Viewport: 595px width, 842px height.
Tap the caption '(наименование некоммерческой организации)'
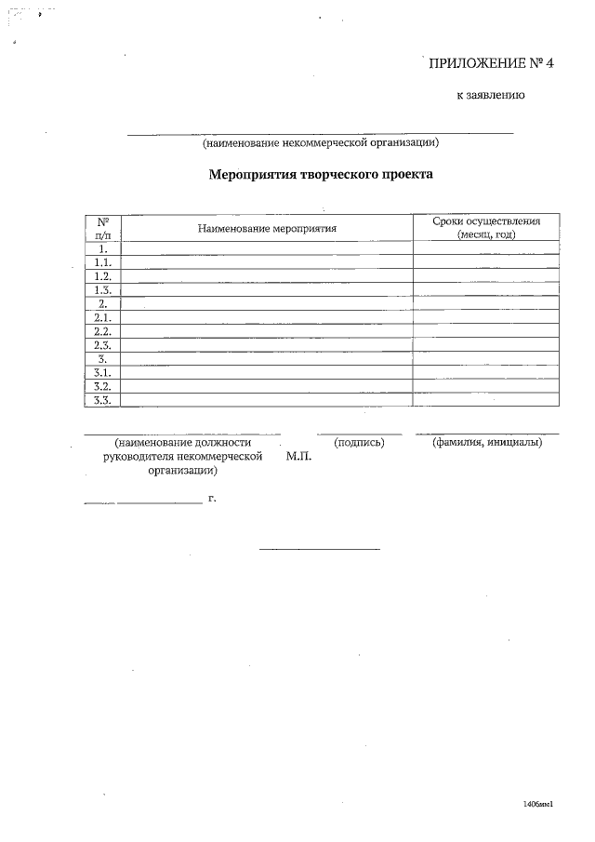coord(320,143)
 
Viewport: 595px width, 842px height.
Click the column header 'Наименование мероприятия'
coord(267,228)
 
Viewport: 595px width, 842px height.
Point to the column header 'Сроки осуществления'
coord(486,221)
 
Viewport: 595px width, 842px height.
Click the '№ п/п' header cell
coord(103,228)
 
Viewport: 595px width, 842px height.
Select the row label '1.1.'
coord(103,263)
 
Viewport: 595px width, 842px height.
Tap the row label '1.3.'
coord(103,290)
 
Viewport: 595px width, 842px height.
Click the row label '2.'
coord(103,304)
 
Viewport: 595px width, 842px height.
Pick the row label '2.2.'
coord(103,331)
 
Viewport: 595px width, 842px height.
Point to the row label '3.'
coord(103,358)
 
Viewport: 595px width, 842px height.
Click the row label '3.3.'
coord(103,400)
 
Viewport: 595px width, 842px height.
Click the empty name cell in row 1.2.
coord(267,276)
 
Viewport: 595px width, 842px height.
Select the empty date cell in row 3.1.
coord(486,372)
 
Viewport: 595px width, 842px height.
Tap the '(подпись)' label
coord(359,442)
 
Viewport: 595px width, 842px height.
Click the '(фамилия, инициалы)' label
coord(488,442)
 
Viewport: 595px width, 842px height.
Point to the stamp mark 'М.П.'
coord(299,457)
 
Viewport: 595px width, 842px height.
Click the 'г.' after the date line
coord(212,500)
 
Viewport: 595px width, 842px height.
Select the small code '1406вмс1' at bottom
coord(538,804)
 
